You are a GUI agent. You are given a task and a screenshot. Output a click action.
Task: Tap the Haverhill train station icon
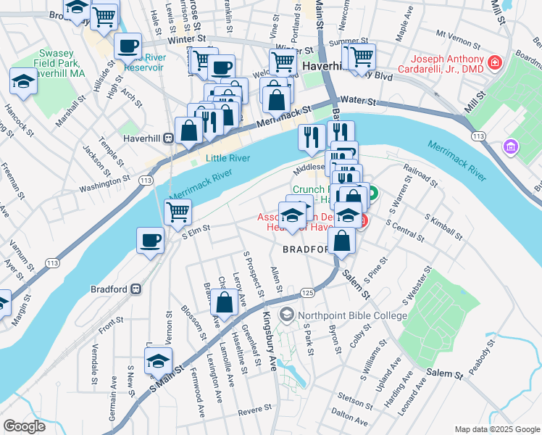(x=168, y=138)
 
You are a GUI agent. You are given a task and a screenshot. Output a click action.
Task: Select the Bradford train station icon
(x=135, y=289)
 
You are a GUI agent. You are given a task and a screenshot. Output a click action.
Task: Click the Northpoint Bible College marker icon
(x=288, y=315)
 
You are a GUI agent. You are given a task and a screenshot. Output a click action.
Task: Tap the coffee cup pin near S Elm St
(x=151, y=240)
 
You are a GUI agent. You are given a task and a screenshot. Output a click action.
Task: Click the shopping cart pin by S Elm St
(x=177, y=212)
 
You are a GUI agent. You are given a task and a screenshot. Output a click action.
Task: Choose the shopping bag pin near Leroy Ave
(x=225, y=302)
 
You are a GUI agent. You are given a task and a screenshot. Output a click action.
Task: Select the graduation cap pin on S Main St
(x=158, y=360)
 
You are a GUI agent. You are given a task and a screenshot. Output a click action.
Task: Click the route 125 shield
(x=307, y=293)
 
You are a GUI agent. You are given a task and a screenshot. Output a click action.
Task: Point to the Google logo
(x=24, y=426)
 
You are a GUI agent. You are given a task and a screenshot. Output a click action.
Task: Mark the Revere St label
(x=254, y=410)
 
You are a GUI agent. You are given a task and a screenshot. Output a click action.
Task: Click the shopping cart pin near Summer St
(x=361, y=57)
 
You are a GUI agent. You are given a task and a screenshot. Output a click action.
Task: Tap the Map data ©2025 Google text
(x=496, y=428)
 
